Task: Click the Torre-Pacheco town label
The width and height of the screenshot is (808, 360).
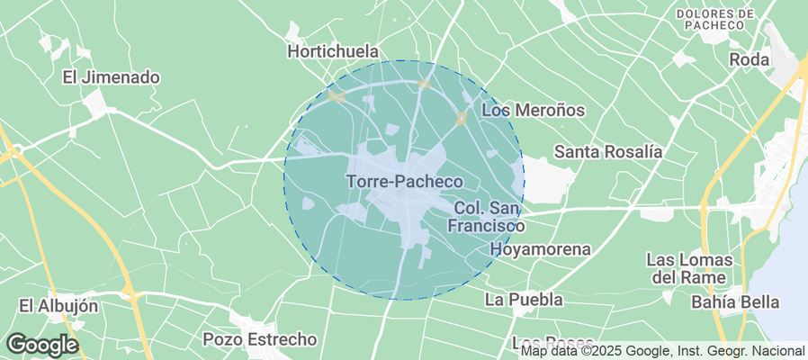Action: click(404, 181)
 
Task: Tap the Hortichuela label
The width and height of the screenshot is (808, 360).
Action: click(333, 51)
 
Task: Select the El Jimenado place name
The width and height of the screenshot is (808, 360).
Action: click(111, 77)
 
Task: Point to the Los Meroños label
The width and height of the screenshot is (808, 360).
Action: click(534, 110)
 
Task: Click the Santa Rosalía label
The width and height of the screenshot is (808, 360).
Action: click(608, 151)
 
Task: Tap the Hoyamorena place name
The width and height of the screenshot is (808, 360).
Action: click(540, 248)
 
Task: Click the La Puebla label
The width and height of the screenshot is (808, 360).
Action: click(524, 299)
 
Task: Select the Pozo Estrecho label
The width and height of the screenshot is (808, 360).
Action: click(260, 339)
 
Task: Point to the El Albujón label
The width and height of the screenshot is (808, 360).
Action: click(58, 306)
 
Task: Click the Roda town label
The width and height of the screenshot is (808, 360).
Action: click(750, 59)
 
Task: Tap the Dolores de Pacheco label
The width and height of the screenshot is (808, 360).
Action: click(715, 20)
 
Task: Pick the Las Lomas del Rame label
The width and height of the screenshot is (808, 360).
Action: click(689, 267)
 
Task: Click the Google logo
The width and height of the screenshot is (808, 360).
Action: click(41, 345)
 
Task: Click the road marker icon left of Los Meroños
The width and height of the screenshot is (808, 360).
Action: click(462, 118)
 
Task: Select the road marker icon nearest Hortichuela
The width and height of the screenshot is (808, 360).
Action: click(337, 95)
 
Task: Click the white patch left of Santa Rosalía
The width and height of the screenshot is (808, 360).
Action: click(548, 180)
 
